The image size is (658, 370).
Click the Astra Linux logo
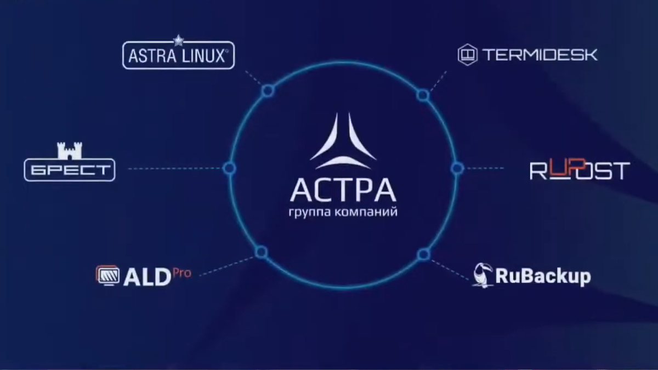pyautogui.click(x=178, y=56)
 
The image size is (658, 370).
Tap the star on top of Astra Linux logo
pyautogui.click(x=178, y=40)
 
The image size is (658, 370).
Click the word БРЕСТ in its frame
pyautogui.click(x=70, y=170)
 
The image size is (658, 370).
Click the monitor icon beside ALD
pyautogui.click(x=107, y=275)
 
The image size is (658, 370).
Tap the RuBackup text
pyautogui.click(x=543, y=276)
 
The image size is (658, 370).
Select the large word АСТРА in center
pyautogui.click(x=343, y=190)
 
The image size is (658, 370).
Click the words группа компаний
pyautogui.click(x=343, y=212)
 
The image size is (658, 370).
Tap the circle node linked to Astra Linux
pyautogui.click(x=267, y=91)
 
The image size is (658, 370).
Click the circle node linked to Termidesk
pyautogui.click(x=423, y=95)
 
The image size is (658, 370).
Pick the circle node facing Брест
pyautogui.click(x=229, y=168)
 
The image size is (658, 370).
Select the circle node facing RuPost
pyautogui.click(x=457, y=168)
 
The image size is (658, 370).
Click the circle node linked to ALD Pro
pyautogui.click(x=262, y=252)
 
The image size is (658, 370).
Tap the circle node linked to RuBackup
pyautogui.click(x=423, y=254)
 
